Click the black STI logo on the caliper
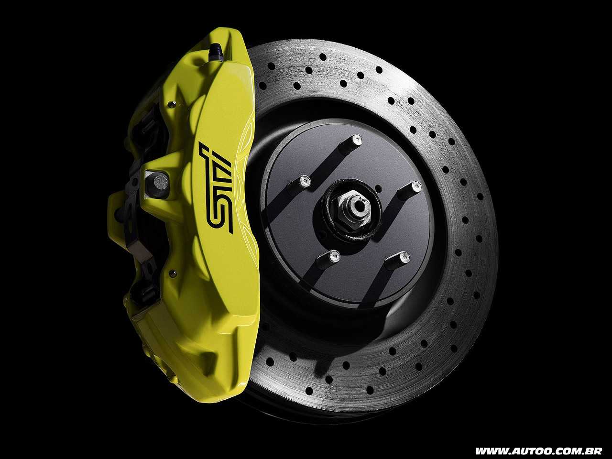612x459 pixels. coord(219,187)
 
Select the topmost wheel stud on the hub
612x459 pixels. coord(352,144)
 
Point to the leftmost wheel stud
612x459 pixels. coord(300,183)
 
